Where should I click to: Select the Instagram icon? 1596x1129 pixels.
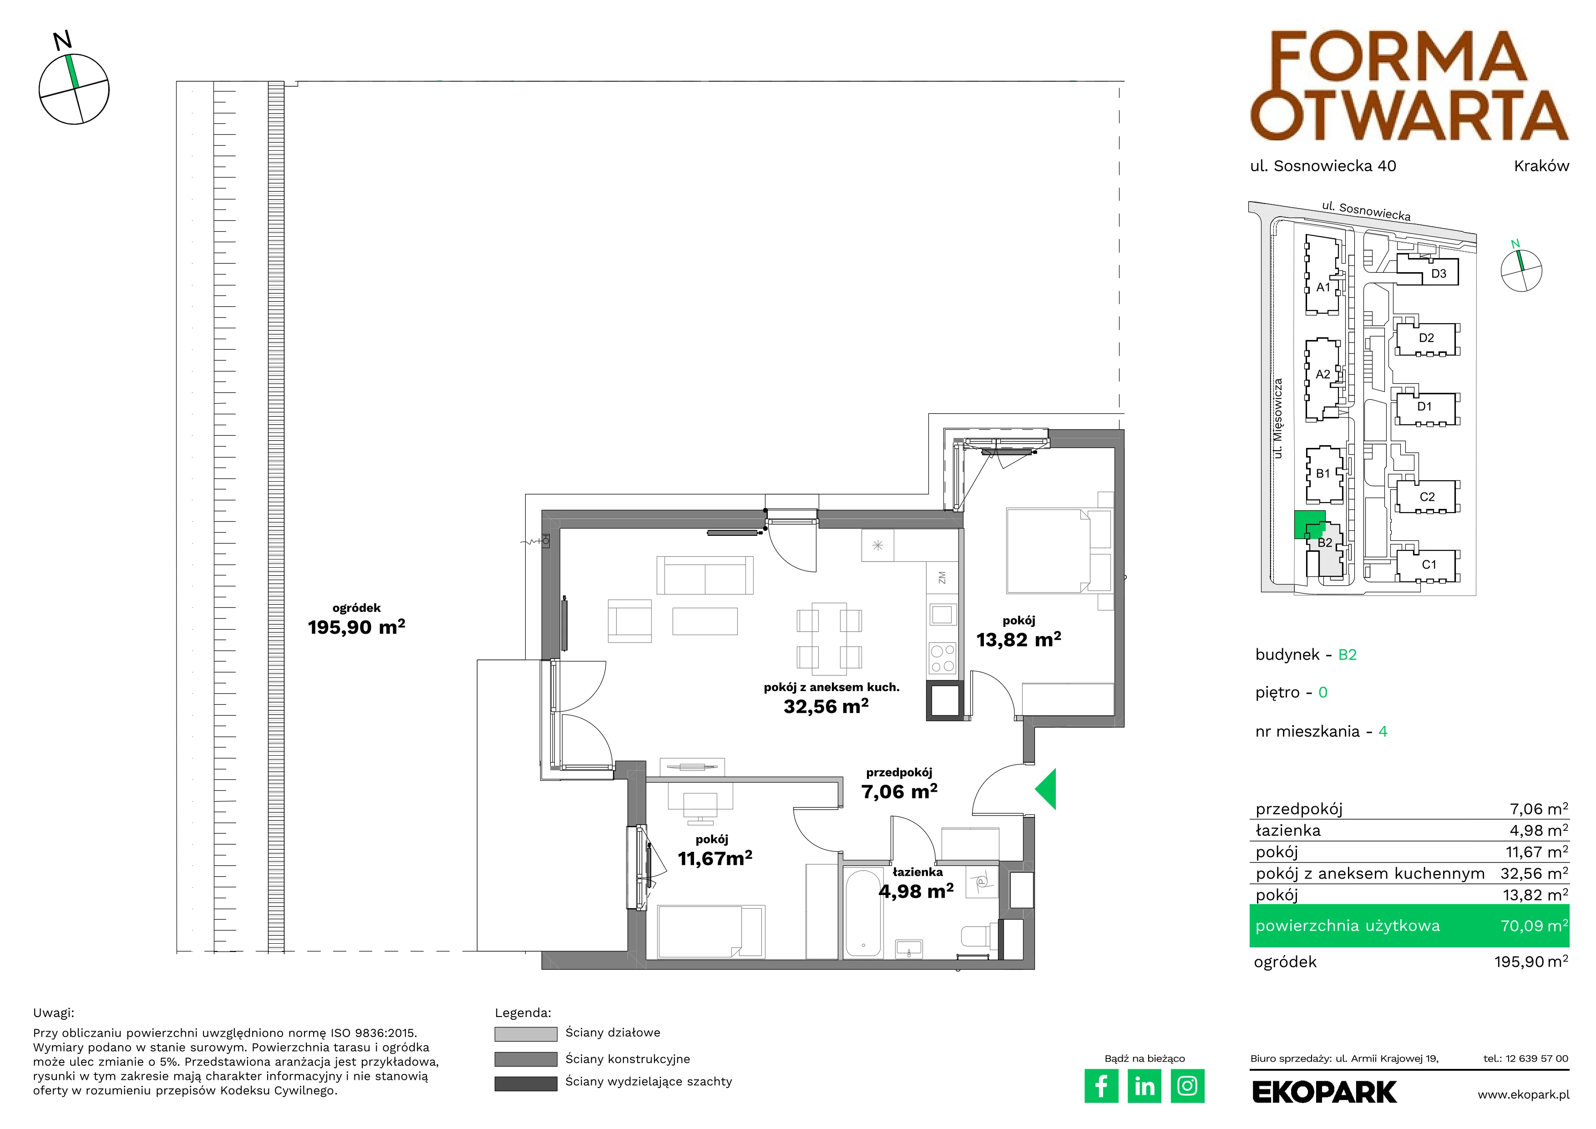[x=1187, y=1086]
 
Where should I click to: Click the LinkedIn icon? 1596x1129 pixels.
[x=1144, y=1086]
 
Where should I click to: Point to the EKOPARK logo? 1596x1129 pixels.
[x=1324, y=1092]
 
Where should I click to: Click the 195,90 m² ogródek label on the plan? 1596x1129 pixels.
[x=357, y=627]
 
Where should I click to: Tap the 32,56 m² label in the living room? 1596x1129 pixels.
[x=826, y=707]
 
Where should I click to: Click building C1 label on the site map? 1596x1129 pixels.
[x=1429, y=564]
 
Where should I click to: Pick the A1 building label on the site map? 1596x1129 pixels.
[x=1323, y=287]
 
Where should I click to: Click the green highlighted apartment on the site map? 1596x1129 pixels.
[x=1309, y=524]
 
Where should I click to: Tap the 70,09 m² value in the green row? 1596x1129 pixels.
[x=1534, y=926]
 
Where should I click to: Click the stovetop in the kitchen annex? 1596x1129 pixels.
[x=942, y=658]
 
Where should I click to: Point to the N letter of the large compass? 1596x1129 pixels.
[x=62, y=41]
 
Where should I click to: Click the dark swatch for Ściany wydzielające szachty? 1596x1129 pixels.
[x=526, y=1083]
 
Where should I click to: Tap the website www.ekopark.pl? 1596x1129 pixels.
[x=1523, y=1094]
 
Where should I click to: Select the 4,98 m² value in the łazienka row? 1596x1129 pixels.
[x=1538, y=830]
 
